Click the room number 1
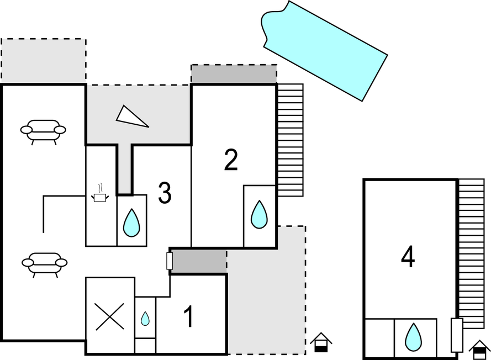point(189,317)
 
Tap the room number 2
point(231,160)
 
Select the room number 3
point(165,193)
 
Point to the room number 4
point(408,257)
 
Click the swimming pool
point(324,49)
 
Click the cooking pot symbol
point(100,195)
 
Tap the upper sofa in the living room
point(43,131)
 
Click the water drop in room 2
point(259,214)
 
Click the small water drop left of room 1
point(145,319)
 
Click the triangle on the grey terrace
point(131,116)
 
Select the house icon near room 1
point(320,343)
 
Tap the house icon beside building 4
point(478,349)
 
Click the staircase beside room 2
point(290,140)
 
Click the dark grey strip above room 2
point(234,74)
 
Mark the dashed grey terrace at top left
point(44,61)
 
